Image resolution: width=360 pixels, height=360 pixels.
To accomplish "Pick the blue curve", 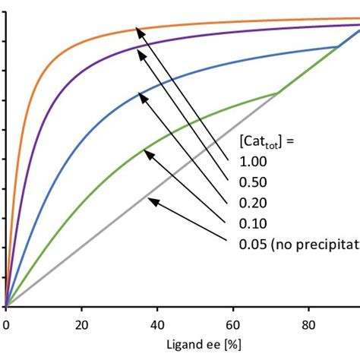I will pos(91,114).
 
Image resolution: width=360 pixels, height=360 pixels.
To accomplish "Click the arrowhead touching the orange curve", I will pos(138,30).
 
